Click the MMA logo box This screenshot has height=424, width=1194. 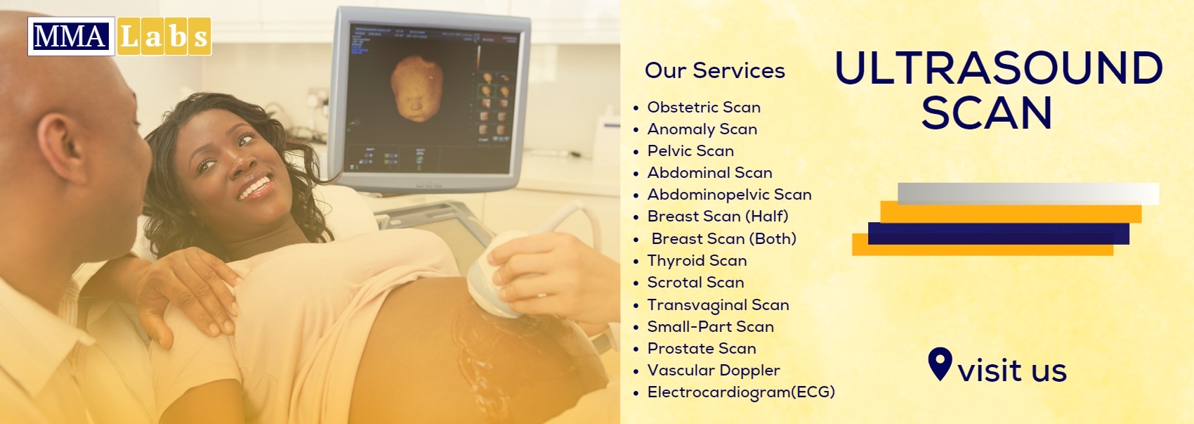click(71, 37)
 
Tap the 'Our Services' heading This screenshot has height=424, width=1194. click(714, 70)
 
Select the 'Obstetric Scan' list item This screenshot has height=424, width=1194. click(704, 108)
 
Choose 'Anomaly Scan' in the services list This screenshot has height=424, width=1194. click(702, 129)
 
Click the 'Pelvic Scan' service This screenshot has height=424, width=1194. click(690, 151)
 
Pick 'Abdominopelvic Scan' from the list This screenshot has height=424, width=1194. click(729, 195)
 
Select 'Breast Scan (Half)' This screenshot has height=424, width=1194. click(718, 217)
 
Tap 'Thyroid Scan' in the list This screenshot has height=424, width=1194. click(697, 261)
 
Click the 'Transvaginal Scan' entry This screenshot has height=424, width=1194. click(718, 305)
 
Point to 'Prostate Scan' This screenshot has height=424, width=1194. click(702, 349)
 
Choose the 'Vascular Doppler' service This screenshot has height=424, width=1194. click(713, 371)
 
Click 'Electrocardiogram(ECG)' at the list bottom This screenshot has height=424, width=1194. click(740, 392)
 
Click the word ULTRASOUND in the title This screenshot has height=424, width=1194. click(998, 68)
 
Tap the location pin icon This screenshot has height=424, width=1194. click(940, 363)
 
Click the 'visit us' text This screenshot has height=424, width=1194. click(1011, 371)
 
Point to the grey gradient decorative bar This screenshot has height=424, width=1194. click(1028, 193)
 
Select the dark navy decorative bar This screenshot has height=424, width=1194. click(998, 233)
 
